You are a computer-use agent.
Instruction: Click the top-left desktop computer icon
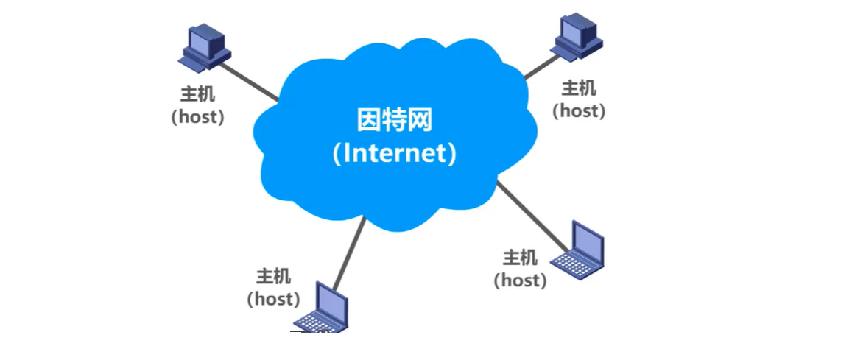point(204,49)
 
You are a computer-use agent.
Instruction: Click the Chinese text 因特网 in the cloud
point(393,120)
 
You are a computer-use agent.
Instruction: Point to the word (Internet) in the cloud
point(393,153)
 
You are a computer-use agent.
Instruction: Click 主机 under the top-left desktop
point(198,96)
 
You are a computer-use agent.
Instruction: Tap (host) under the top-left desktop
point(198,116)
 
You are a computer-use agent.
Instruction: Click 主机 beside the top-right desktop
point(579,88)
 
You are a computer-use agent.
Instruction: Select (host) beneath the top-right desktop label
point(579,110)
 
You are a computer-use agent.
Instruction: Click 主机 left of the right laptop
point(520,258)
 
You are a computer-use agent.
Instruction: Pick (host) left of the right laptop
point(520,280)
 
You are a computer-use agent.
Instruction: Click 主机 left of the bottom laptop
point(273,277)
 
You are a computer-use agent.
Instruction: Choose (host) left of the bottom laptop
point(273,299)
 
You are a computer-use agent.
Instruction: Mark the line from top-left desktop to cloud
point(250,82)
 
